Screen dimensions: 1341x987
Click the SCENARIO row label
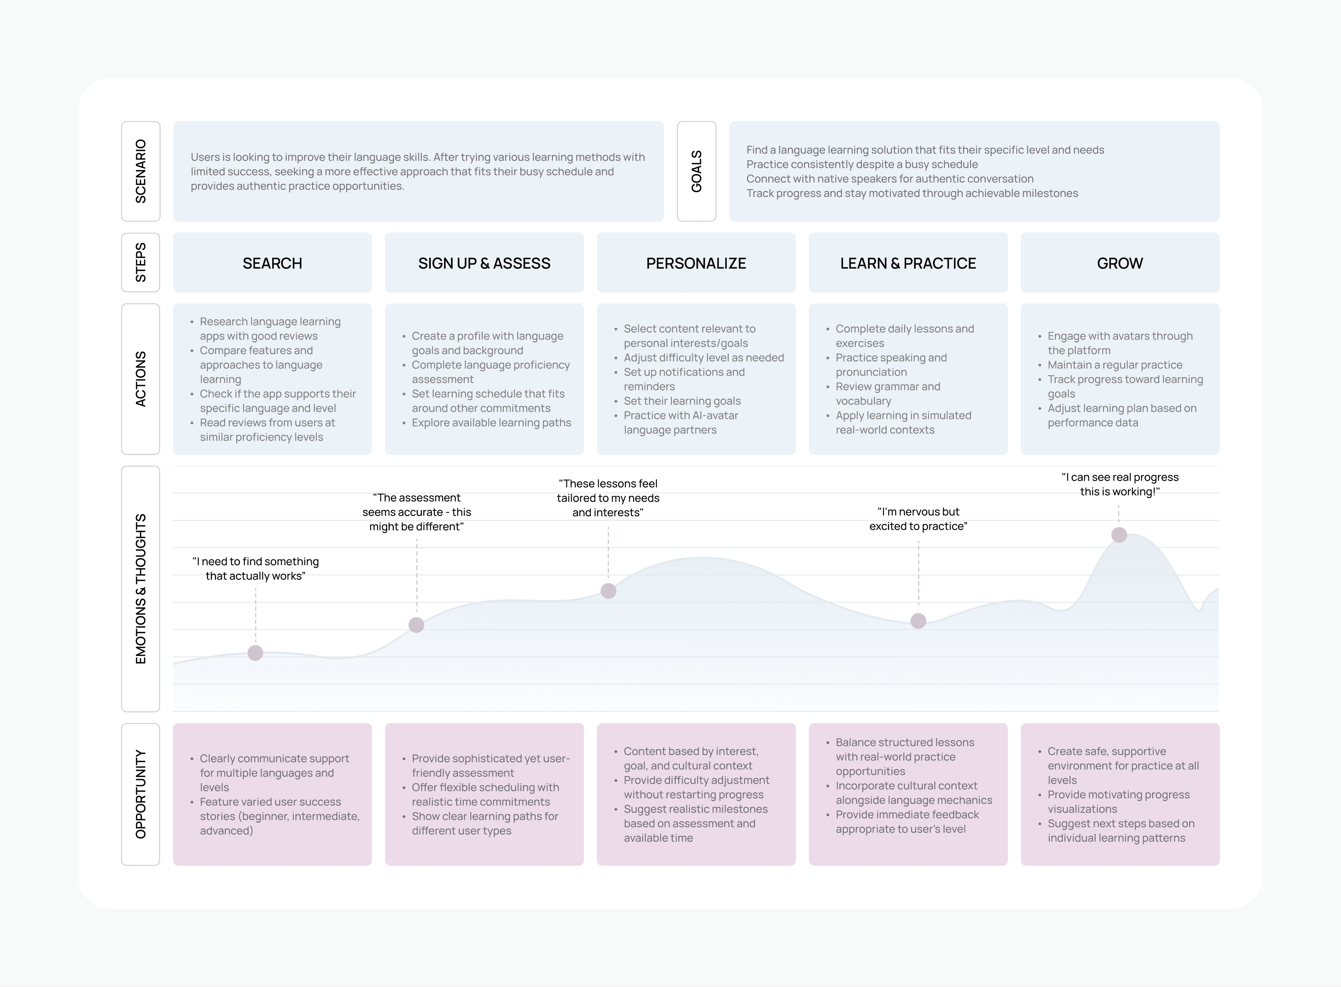point(141,171)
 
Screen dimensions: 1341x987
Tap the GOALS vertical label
point(696,171)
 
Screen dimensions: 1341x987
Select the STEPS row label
point(141,262)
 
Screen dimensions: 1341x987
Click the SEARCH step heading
point(272,264)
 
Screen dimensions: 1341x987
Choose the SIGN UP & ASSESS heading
point(484,264)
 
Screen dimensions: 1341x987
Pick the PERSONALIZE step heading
point(696,264)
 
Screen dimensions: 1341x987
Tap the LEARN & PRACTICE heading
point(908,264)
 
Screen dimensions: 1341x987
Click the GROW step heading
point(1120,264)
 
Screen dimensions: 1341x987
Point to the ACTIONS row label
point(141,379)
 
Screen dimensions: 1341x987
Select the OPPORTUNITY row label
point(141,794)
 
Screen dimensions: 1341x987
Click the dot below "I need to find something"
point(255,653)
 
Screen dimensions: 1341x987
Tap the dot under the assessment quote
point(417,625)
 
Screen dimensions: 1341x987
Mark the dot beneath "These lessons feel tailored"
point(608,591)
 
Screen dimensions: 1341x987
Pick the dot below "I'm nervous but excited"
point(919,621)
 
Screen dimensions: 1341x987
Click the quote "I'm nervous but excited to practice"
point(919,519)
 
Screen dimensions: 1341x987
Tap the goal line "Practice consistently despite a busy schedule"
point(862,164)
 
